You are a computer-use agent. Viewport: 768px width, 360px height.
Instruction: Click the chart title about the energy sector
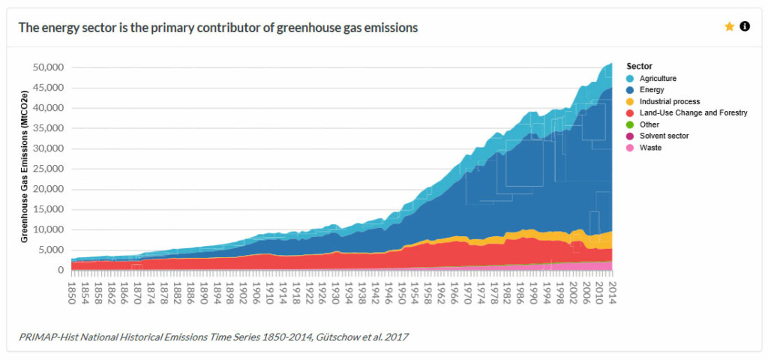coord(217,27)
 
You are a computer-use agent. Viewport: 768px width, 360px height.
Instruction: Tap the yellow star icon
coord(729,26)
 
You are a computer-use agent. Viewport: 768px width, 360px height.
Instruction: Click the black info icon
coord(745,26)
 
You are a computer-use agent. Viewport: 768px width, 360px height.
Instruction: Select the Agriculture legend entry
coord(657,78)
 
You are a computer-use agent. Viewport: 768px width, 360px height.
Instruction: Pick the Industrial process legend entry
coord(669,101)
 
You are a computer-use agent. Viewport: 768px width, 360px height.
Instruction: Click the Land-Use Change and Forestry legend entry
coord(692,112)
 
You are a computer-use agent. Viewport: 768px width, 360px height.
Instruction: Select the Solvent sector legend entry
coord(663,136)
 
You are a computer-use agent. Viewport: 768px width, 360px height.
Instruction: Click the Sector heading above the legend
coord(639,66)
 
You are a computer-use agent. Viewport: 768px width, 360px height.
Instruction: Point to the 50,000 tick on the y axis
coord(47,67)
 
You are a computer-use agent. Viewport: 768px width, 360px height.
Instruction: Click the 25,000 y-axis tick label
coord(47,169)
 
